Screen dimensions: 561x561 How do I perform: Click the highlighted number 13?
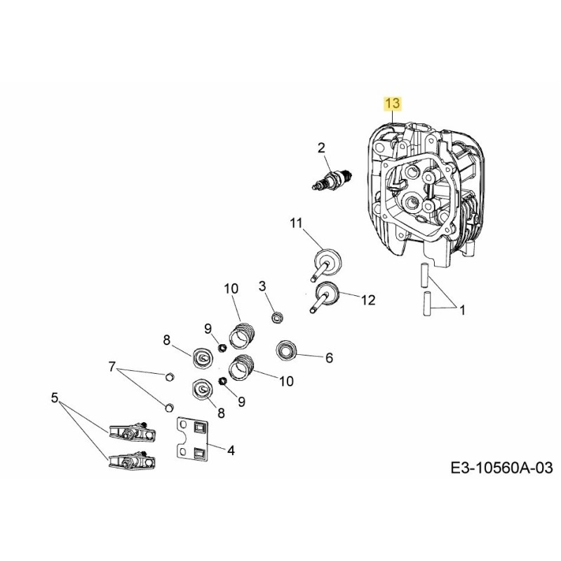[391, 104]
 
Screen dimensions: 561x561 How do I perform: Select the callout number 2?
[321, 147]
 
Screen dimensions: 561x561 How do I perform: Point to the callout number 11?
[295, 223]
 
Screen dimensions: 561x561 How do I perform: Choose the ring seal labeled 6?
[288, 349]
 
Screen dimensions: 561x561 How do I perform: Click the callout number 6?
[328, 358]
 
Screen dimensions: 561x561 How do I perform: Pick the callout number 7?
[111, 366]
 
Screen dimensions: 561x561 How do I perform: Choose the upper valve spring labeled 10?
[241, 332]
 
